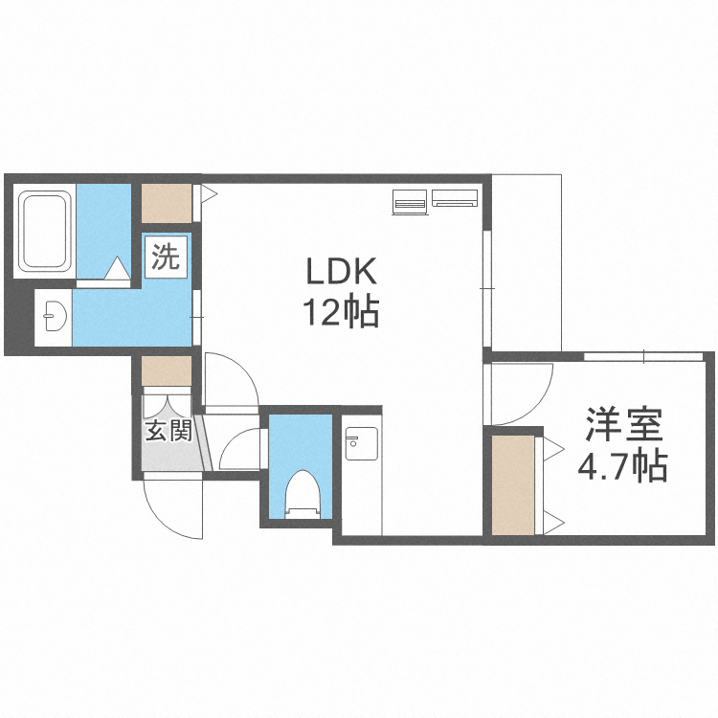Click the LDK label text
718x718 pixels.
(x=342, y=273)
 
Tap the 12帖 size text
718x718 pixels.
(x=342, y=312)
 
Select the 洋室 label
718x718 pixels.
(x=623, y=425)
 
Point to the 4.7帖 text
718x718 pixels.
(x=622, y=466)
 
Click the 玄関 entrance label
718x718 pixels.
(x=168, y=430)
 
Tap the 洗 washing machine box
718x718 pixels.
(x=167, y=258)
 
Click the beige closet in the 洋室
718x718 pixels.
(x=515, y=483)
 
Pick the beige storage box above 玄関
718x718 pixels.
(x=167, y=370)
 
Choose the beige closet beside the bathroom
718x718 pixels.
(x=167, y=203)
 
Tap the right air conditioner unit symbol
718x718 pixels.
(x=454, y=198)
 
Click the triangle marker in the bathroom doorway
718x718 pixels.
(x=117, y=270)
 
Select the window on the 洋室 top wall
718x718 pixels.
(x=644, y=357)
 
